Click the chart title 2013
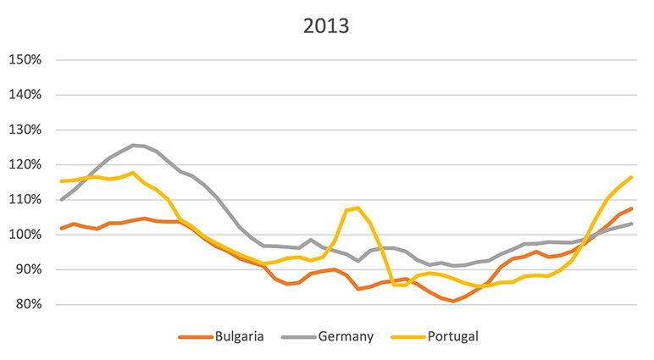(x=326, y=25)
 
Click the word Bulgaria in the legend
(x=239, y=336)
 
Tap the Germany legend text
(x=346, y=336)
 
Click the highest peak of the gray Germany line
(x=133, y=145)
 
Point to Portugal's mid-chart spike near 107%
(x=357, y=208)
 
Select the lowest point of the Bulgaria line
(x=454, y=301)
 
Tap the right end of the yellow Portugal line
(x=632, y=177)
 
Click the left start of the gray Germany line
(x=61, y=200)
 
